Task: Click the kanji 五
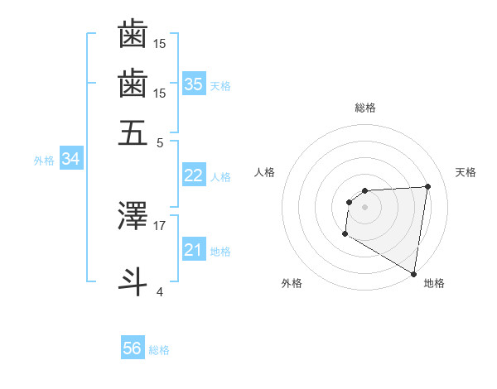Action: (x=133, y=132)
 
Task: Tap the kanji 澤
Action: (x=133, y=216)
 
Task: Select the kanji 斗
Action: (x=133, y=279)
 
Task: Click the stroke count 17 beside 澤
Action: (x=160, y=224)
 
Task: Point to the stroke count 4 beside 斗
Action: (x=160, y=291)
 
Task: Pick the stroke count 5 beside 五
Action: (x=160, y=142)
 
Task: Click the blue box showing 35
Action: (x=194, y=84)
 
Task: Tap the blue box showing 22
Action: (x=193, y=175)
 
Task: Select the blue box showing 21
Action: (x=193, y=250)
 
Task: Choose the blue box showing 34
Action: (x=70, y=160)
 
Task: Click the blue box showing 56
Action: (x=133, y=348)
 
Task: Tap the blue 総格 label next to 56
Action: (x=159, y=350)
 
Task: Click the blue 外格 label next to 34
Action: (x=44, y=161)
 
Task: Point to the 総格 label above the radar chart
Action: (x=365, y=108)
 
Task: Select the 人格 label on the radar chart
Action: (x=265, y=172)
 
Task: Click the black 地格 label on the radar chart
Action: (x=434, y=283)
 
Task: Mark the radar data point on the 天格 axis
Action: (x=428, y=186)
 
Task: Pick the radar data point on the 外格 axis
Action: (x=345, y=234)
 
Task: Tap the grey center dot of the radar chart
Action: (x=365, y=207)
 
